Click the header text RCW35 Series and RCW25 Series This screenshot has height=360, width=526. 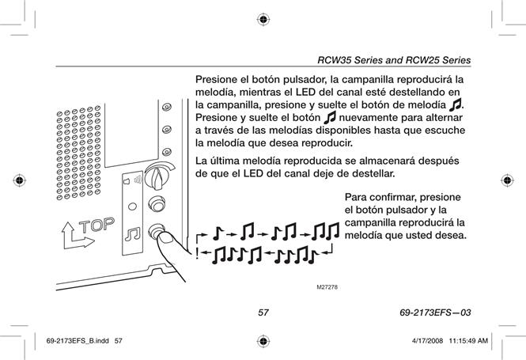394,60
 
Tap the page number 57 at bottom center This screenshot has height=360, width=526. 263,313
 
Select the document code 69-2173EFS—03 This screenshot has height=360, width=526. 435,313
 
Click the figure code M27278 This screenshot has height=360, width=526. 327,287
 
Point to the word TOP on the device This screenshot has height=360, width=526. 96,225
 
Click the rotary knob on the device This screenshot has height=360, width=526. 158,176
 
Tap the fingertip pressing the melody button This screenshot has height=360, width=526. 166,239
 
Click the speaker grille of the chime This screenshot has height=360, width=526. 79,153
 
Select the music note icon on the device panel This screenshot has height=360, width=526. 133,234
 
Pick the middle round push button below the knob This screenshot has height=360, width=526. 157,203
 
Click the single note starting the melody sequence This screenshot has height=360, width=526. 218,233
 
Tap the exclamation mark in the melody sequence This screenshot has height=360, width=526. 197,254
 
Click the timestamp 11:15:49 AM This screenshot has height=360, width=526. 468,341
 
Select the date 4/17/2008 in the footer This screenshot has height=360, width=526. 427,341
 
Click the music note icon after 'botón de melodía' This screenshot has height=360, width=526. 456,104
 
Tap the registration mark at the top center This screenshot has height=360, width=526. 263,20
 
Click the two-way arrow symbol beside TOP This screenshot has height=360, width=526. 76,237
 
